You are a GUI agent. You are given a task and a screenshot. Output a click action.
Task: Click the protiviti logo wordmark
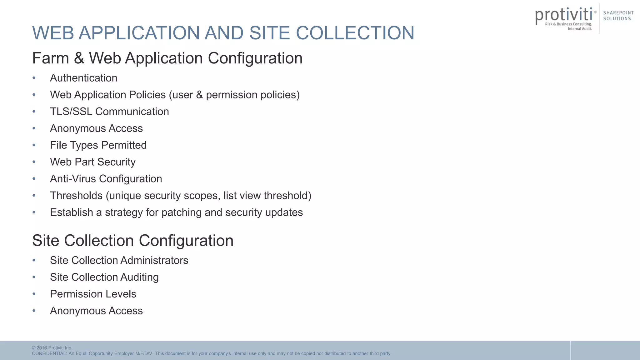(x=564, y=15)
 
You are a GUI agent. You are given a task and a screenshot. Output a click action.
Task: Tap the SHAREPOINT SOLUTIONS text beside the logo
(x=618, y=16)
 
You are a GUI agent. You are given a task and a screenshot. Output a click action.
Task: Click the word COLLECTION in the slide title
(x=355, y=33)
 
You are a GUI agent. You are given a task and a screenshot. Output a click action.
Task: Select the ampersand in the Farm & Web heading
(x=79, y=58)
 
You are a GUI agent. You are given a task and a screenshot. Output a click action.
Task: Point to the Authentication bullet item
(x=83, y=78)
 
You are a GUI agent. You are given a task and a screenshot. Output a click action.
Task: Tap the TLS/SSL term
(x=71, y=112)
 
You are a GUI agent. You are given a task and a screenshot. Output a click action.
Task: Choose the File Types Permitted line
(x=98, y=145)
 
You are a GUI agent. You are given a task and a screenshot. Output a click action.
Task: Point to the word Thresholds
(x=76, y=196)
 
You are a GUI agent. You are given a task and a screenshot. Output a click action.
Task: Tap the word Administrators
(x=154, y=260)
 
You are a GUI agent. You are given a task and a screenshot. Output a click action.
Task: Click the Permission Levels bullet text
(x=93, y=294)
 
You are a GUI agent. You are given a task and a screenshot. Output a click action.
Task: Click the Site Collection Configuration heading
(x=133, y=241)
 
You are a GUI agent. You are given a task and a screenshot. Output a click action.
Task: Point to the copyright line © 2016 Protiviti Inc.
(x=52, y=348)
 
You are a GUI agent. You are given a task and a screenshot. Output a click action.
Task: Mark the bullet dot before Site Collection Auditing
(x=34, y=277)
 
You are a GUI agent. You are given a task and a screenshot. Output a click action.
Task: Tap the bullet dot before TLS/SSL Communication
(x=34, y=112)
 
